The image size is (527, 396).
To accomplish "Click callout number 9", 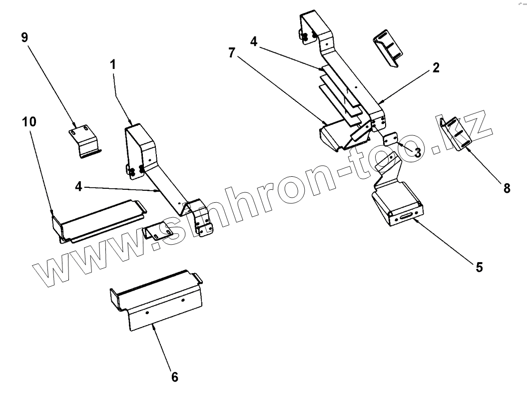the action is coord(24,38).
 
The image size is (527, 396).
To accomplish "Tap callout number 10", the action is coord(29,122).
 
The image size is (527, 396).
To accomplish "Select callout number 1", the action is coord(113,64).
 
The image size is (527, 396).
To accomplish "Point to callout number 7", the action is coord(232,54).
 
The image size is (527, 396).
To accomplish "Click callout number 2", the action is coord(436,68).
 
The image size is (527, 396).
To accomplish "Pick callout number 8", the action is coord(507,188).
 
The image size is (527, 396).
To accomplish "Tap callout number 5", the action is coord(479,267).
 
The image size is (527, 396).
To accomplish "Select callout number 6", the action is coord(174,377).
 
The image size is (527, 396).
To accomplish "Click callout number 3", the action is coord(417,152).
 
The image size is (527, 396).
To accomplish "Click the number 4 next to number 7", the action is coord(254,41).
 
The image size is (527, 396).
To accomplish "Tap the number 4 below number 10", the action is coord(79,187).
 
